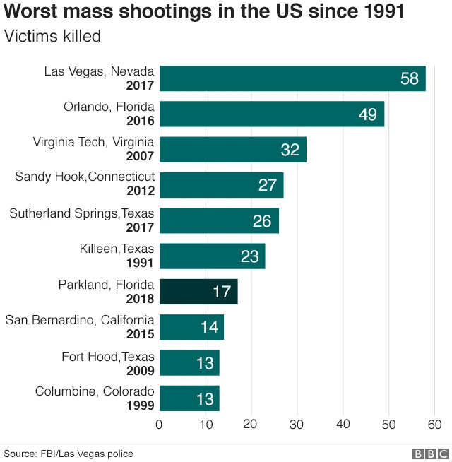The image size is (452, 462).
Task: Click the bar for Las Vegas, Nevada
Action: [292, 78]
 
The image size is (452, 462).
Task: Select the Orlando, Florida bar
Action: [272, 114]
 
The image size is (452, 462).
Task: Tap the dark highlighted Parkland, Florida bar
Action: [198, 291]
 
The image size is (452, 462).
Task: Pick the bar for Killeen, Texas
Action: [212, 256]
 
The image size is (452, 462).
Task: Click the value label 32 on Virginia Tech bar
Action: [290, 150]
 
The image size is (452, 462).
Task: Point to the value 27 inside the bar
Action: [267, 185]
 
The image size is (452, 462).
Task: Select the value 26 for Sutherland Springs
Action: [262, 221]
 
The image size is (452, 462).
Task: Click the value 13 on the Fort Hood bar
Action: [204, 363]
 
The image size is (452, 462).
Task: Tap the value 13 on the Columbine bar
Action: [204, 399]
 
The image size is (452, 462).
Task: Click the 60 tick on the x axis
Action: [434, 425]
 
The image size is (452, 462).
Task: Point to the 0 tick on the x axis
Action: [159, 425]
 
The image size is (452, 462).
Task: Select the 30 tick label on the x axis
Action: [297, 425]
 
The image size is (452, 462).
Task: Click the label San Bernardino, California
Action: [80, 320]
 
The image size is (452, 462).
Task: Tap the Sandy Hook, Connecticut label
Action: [85, 177]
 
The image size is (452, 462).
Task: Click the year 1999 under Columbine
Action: [140, 405]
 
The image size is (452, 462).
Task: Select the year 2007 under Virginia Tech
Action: [140, 155]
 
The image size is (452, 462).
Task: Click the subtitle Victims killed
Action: [53, 37]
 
